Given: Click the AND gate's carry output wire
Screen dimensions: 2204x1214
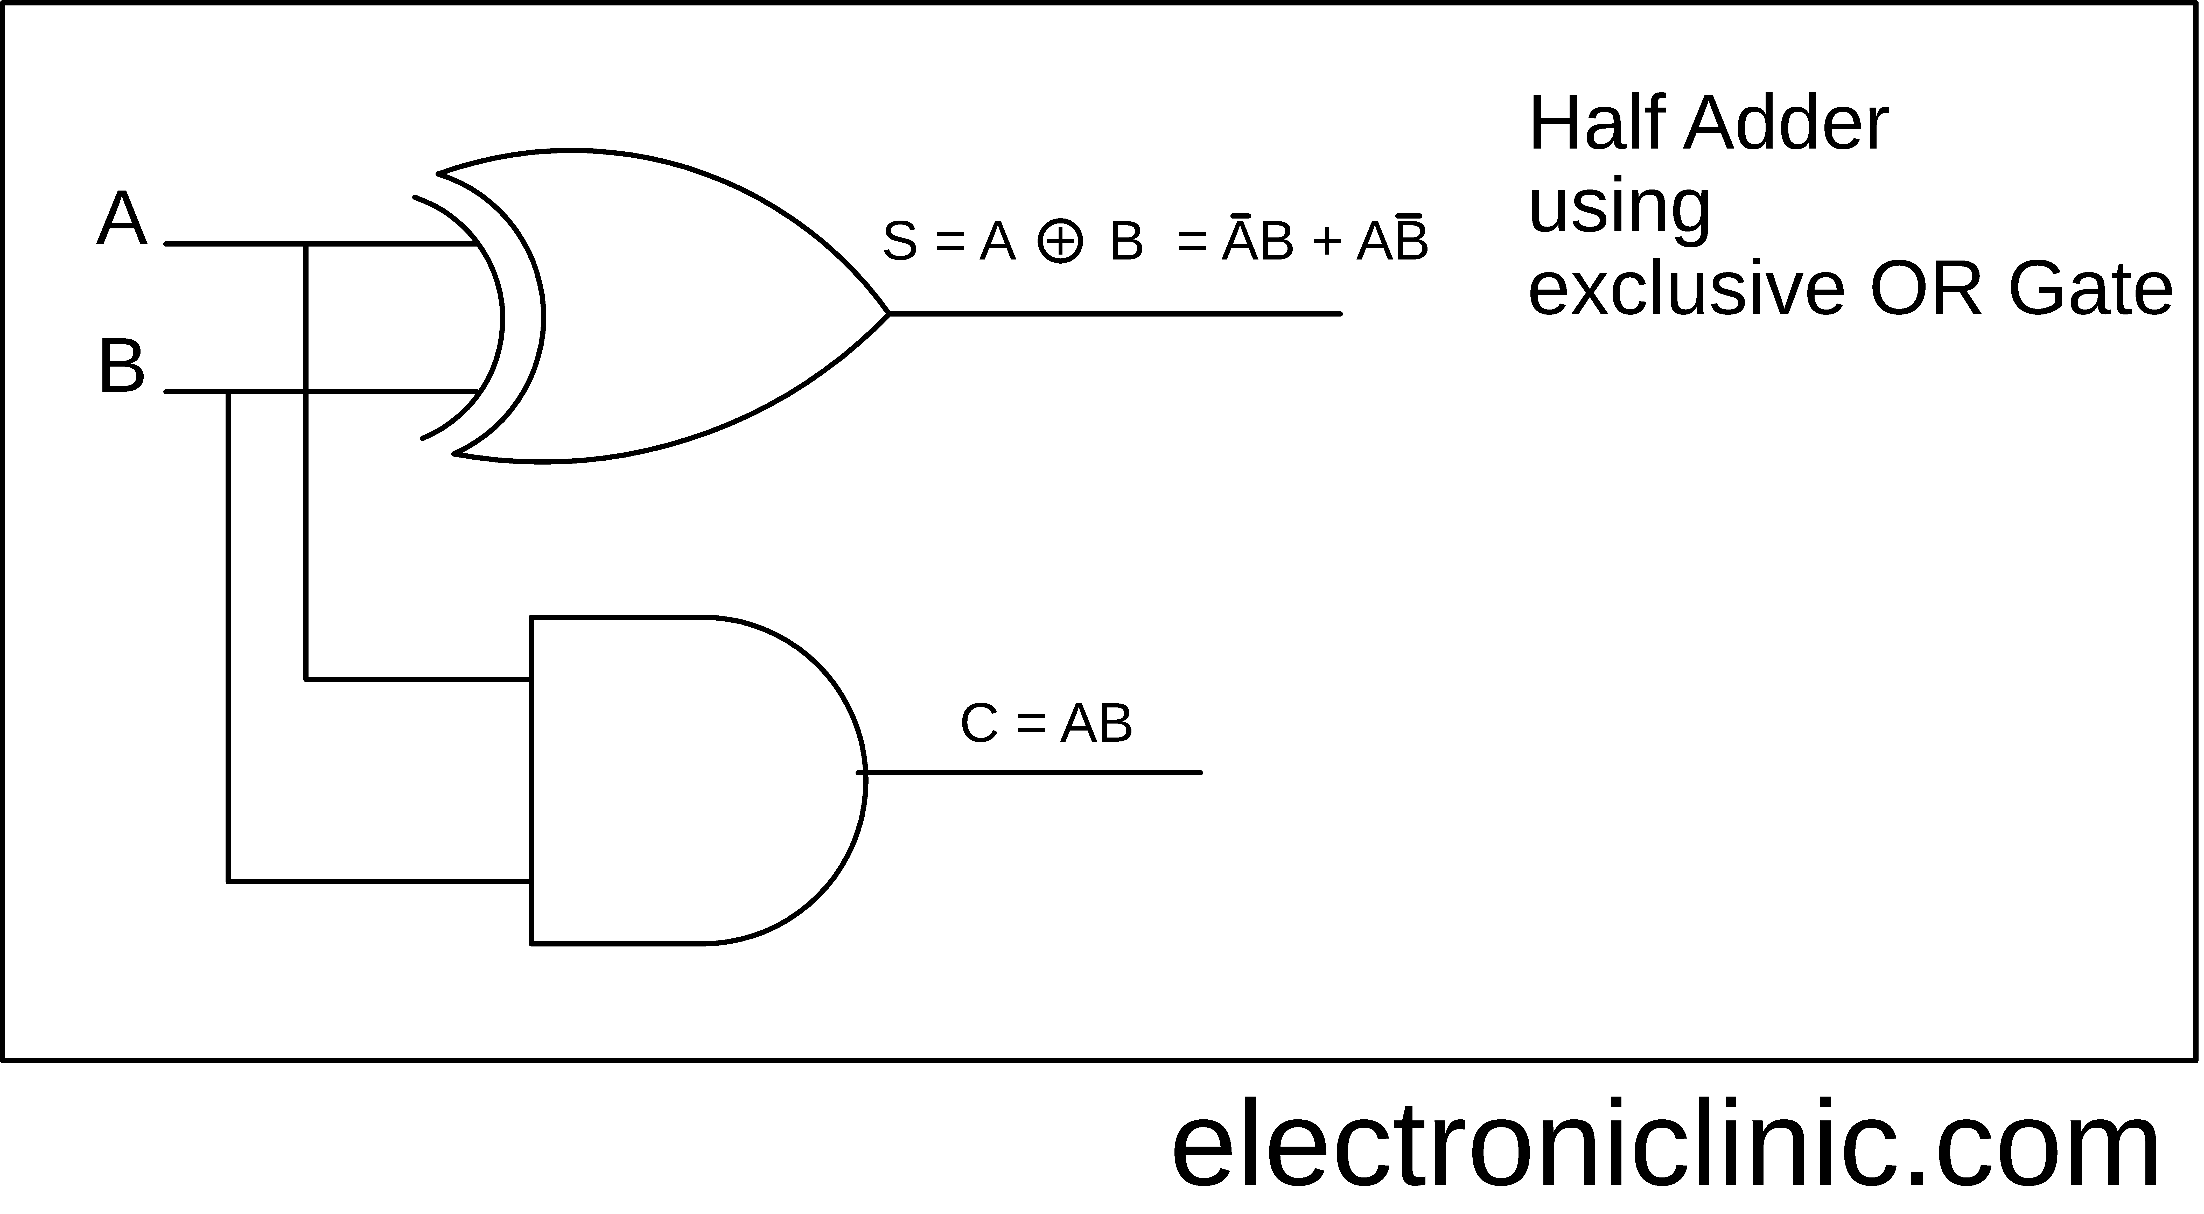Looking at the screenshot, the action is click(1029, 773).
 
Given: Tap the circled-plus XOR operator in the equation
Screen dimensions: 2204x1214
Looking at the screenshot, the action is click(1060, 241).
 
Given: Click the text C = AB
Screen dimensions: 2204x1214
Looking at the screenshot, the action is click(1046, 724).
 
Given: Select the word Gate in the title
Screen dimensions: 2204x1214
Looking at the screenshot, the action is click(2090, 291).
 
